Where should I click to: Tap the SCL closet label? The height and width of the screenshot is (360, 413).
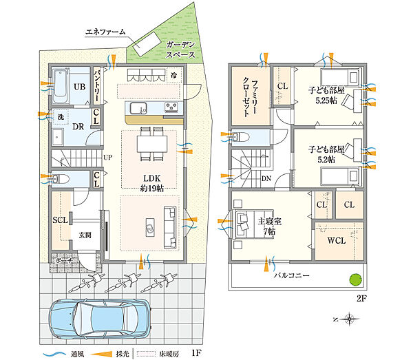coord(60,220)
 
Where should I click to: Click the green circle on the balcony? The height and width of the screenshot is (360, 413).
coord(354,279)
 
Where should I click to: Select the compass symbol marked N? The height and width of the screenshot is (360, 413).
coord(350,319)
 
